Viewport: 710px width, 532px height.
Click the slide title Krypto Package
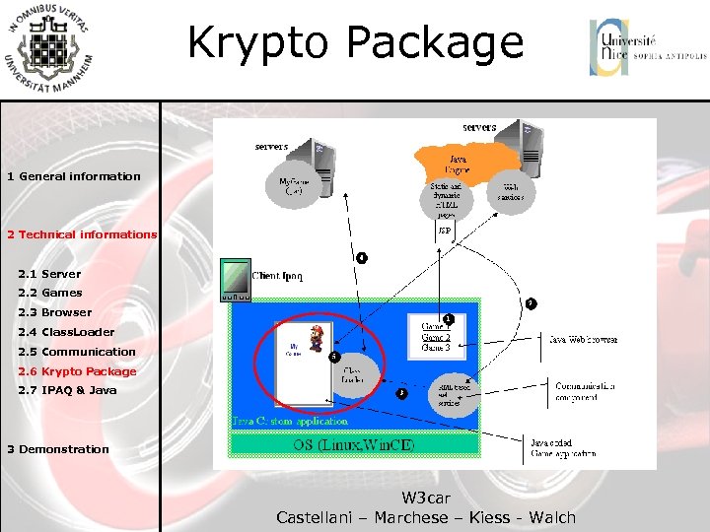[355, 43]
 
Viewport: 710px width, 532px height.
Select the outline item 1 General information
[74, 176]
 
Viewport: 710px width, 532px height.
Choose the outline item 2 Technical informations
[82, 234]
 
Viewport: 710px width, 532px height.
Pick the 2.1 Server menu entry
[49, 274]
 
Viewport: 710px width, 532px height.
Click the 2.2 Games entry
[50, 293]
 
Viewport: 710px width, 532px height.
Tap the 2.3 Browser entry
[54, 312]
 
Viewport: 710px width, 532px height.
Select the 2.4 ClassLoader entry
[66, 332]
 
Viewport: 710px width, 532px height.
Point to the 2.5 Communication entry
[77, 352]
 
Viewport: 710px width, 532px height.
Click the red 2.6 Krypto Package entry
[77, 371]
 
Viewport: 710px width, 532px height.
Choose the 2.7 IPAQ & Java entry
[67, 390]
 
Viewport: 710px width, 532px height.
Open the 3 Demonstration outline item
[58, 449]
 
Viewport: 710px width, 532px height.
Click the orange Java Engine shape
[463, 161]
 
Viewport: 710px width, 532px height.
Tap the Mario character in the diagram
[316, 338]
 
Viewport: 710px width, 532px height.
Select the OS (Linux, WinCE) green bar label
[352, 443]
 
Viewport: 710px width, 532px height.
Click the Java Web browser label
[583, 339]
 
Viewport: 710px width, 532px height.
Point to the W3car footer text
[425, 499]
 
